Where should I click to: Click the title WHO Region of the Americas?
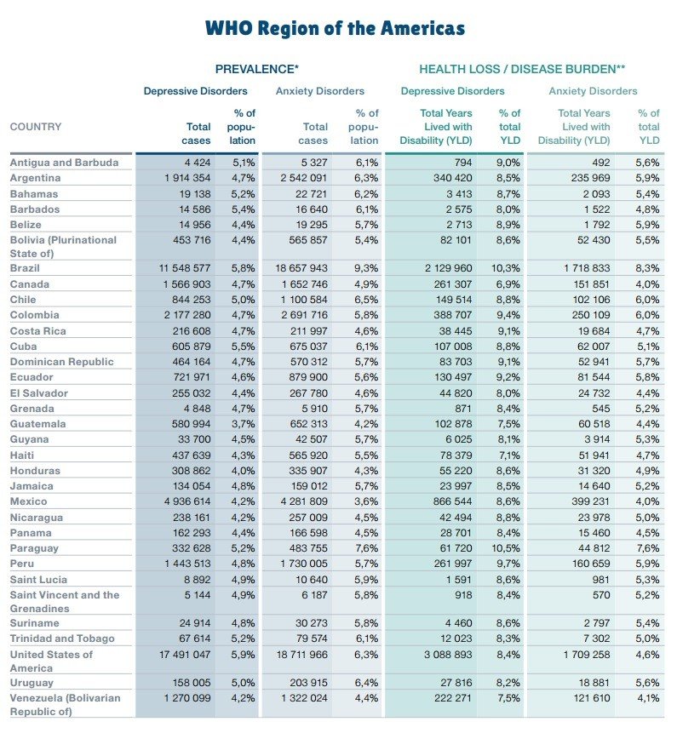(x=335, y=28)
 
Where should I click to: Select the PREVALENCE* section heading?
(x=256, y=68)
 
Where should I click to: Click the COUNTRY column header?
(x=36, y=127)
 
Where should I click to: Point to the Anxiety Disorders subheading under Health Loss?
(x=593, y=91)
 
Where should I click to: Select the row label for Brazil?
(x=26, y=268)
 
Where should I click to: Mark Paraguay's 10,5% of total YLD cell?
(x=508, y=548)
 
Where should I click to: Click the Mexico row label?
(x=28, y=501)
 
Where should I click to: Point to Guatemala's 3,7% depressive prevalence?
(x=242, y=424)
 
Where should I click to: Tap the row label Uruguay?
(x=32, y=683)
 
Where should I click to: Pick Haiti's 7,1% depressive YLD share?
(x=508, y=455)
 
